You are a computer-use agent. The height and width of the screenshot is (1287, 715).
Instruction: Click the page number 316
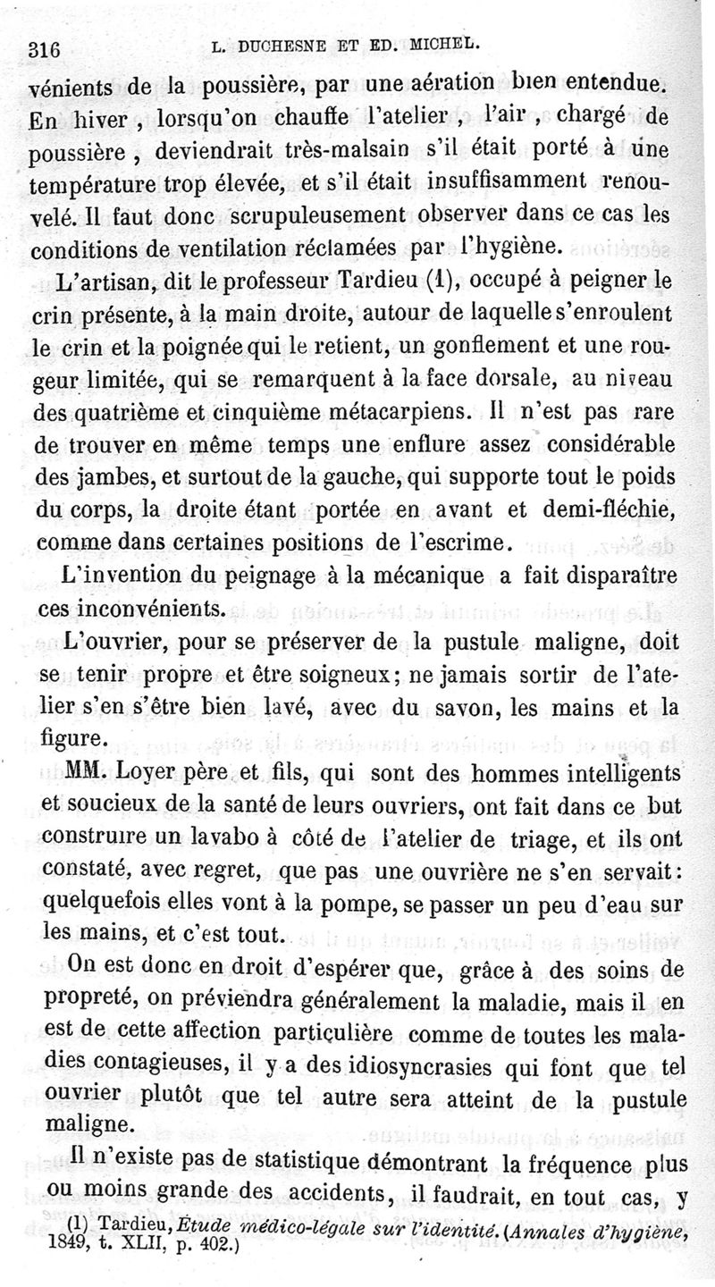tap(44, 50)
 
